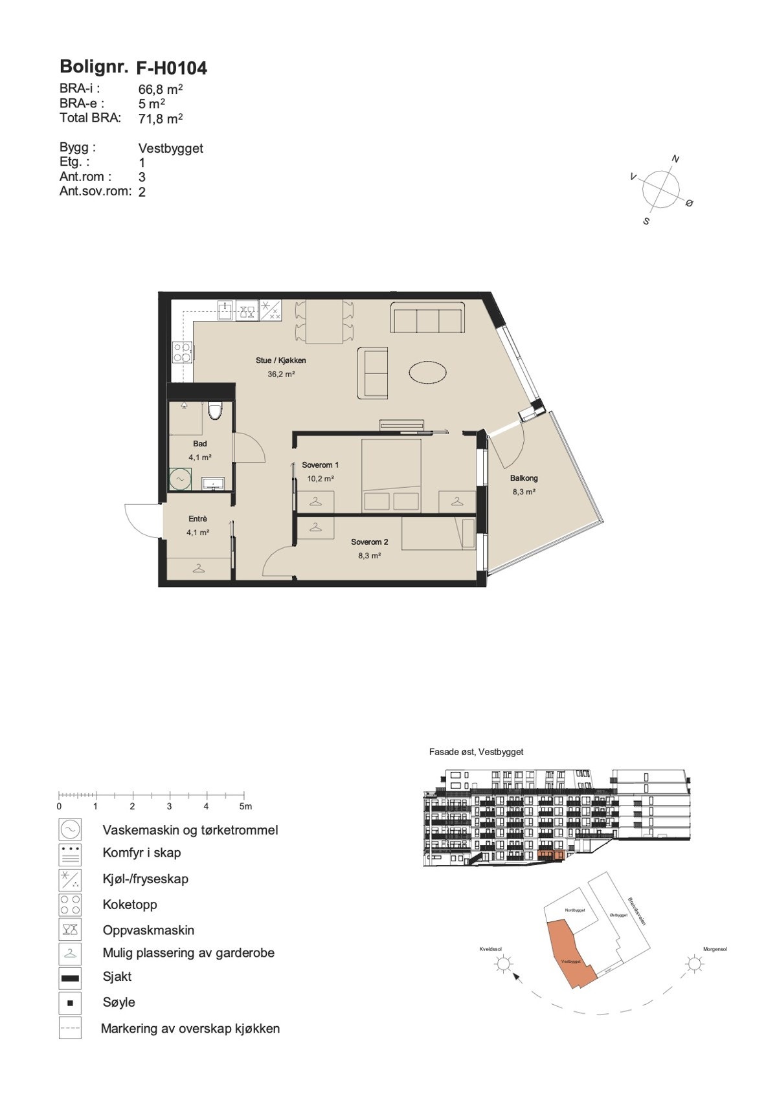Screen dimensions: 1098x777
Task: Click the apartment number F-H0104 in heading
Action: click(x=172, y=68)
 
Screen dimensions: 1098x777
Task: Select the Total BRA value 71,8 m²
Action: click(x=161, y=119)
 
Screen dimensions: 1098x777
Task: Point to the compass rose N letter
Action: click(x=675, y=159)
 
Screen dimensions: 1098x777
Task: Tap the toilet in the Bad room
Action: click(x=215, y=411)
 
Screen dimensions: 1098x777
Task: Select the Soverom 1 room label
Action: click(x=321, y=465)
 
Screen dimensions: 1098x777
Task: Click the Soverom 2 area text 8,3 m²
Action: click(x=370, y=555)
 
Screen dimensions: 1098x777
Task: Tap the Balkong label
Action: click(x=524, y=478)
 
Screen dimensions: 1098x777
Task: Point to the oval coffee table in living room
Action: click(x=427, y=373)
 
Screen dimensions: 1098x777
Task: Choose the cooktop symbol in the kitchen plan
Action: click(x=182, y=352)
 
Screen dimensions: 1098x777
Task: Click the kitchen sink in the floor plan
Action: click(x=225, y=311)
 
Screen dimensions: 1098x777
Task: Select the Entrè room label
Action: click(x=197, y=519)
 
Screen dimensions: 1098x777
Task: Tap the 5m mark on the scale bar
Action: click(x=245, y=806)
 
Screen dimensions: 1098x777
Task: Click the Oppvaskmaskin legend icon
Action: click(x=70, y=930)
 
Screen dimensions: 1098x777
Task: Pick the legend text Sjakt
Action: click(x=117, y=976)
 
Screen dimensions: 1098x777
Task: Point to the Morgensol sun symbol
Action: click(x=695, y=965)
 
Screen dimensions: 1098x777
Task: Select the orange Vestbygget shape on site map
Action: click(x=568, y=954)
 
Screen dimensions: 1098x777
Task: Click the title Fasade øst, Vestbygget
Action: click(x=476, y=752)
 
